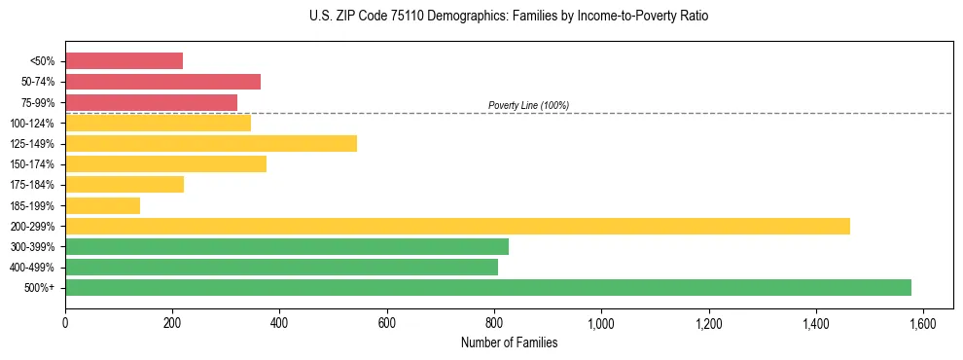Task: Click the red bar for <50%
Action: click(x=124, y=61)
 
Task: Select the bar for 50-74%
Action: click(x=162, y=82)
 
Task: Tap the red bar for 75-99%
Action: click(x=151, y=102)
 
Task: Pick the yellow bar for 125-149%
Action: click(x=211, y=144)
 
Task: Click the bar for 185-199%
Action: click(x=102, y=205)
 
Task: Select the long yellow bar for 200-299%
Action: click(x=457, y=226)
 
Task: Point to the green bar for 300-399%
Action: click(x=287, y=247)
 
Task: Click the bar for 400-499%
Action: click(x=281, y=268)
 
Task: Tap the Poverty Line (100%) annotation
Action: click(x=528, y=105)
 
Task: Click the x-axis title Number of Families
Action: click(x=509, y=342)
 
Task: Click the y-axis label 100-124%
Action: click(x=32, y=124)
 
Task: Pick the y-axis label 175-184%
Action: click(x=32, y=185)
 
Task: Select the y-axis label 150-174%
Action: click(x=32, y=164)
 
